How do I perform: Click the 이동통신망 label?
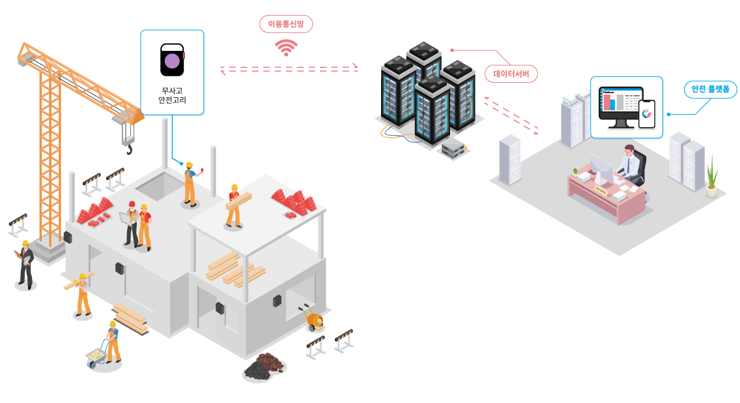pyautogui.click(x=286, y=24)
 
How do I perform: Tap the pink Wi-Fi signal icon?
pyautogui.click(x=286, y=48)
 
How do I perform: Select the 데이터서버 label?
pyautogui.click(x=511, y=74)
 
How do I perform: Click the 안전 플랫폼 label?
pyautogui.click(x=710, y=89)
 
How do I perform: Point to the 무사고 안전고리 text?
pyautogui.click(x=173, y=95)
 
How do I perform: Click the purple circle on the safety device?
pyautogui.click(x=172, y=61)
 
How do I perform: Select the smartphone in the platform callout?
pyautogui.click(x=647, y=114)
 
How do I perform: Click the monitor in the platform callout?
pyautogui.click(x=621, y=106)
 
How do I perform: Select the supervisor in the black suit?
pyautogui.click(x=25, y=264)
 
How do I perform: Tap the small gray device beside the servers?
pyautogui.click(x=453, y=148)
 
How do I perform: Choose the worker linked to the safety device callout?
pyautogui.click(x=189, y=184)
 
